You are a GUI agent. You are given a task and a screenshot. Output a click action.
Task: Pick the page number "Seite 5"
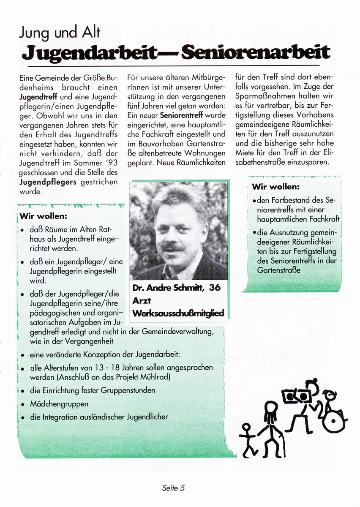[173, 488]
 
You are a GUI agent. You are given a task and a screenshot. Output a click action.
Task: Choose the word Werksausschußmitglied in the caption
[178, 313]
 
